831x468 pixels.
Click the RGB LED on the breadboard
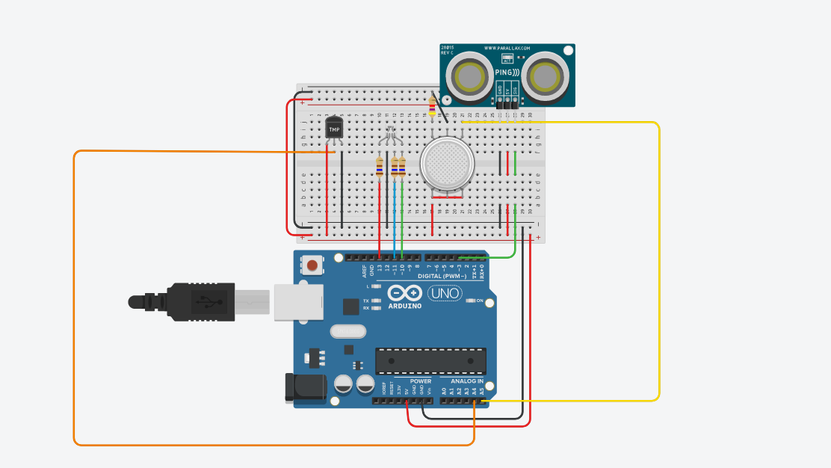pyautogui.click(x=389, y=137)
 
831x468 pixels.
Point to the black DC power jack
pyautogui.click(x=306, y=386)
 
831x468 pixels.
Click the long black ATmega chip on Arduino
pyautogui.click(x=430, y=360)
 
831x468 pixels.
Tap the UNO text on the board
pyautogui.click(x=445, y=294)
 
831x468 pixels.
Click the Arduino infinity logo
pyautogui.click(x=406, y=294)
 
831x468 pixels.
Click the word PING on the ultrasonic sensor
pyautogui.click(x=506, y=73)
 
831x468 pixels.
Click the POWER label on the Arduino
pyautogui.click(x=420, y=381)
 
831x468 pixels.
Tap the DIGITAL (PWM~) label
pyautogui.click(x=442, y=276)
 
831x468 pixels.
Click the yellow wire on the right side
pyautogui.click(x=658, y=262)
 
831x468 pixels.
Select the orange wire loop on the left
pyautogui.click(x=74, y=299)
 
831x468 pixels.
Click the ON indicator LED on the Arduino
pyautogui.click(x=470, y=301)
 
